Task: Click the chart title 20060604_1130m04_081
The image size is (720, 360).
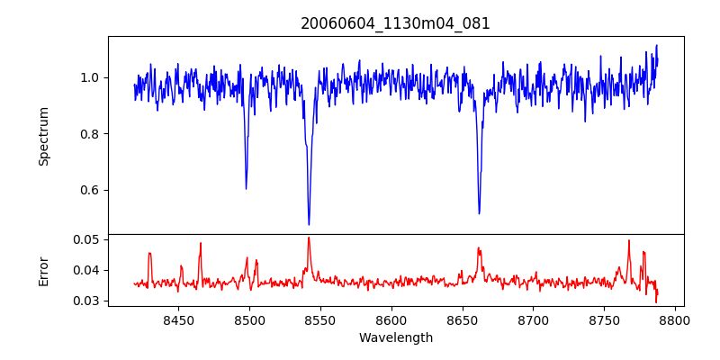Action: tap(395, 23)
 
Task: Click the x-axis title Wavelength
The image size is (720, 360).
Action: tap(395, 337)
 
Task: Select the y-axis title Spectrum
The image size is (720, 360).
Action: tap(43, 136)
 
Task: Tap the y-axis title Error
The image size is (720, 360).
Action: tap(43, 270)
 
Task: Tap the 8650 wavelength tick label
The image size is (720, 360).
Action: tap(462, 319)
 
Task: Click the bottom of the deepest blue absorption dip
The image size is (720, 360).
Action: tap(309, 224)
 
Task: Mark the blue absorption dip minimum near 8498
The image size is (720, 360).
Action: tap(246, 188)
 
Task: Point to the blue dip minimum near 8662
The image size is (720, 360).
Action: tap(479, 213)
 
